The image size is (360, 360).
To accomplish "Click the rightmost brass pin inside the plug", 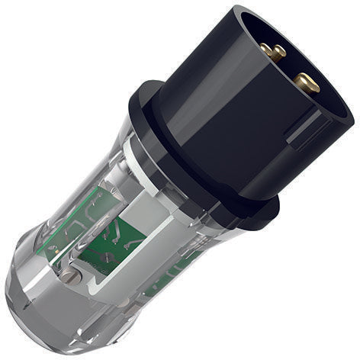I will point(307,81).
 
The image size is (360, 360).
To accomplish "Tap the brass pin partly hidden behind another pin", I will point(280,53).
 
